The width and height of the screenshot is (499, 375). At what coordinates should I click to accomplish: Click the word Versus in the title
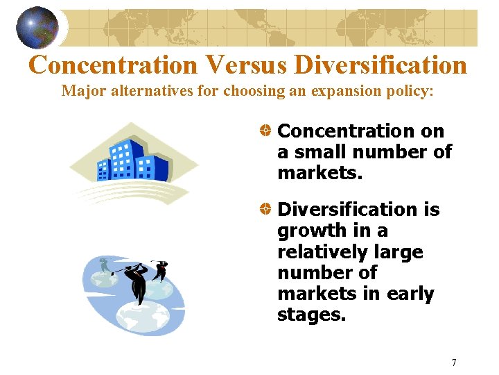246,65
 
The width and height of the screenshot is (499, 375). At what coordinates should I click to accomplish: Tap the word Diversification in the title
380,65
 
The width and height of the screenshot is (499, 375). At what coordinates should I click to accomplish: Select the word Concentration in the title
114,65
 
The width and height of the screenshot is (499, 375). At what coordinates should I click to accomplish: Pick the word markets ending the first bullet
319,172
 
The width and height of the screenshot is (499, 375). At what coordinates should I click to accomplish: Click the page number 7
454,362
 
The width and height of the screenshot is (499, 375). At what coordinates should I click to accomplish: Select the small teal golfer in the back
104,266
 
